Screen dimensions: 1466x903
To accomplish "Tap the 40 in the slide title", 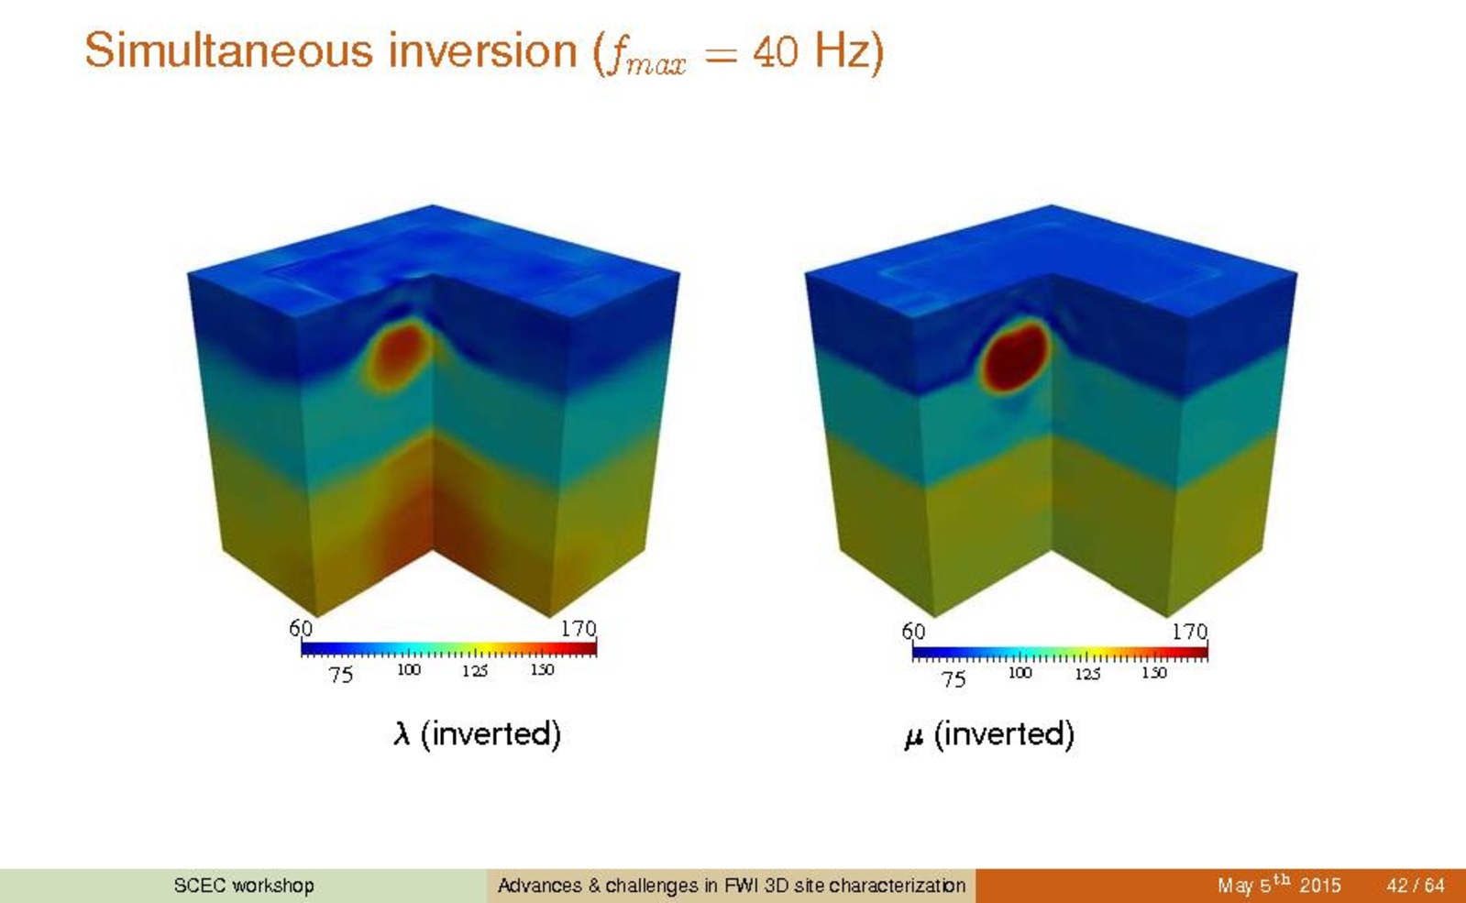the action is [776, 51].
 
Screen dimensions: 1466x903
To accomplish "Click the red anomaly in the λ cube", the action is [397, 356].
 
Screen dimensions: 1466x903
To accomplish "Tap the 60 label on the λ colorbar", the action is [301, 628].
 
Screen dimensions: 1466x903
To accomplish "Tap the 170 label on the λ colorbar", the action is [579, 628].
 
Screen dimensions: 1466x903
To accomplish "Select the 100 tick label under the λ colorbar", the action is [408, 670].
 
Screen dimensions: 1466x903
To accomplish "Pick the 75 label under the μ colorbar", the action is [953, 679].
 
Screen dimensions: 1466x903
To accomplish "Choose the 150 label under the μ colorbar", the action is [1153, 673].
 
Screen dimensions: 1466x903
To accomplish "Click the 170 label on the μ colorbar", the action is [1190, 632].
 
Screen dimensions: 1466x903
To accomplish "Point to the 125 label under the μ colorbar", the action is [1087, 673].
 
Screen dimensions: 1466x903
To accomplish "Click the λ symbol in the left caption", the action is [402, 733].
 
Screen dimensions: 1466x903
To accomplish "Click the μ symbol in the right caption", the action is [914, 737].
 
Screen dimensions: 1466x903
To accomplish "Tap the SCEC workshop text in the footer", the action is [244, 886].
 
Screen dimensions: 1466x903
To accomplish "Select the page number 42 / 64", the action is [1415, 886].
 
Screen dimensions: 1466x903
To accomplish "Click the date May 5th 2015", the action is [1279, 884].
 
